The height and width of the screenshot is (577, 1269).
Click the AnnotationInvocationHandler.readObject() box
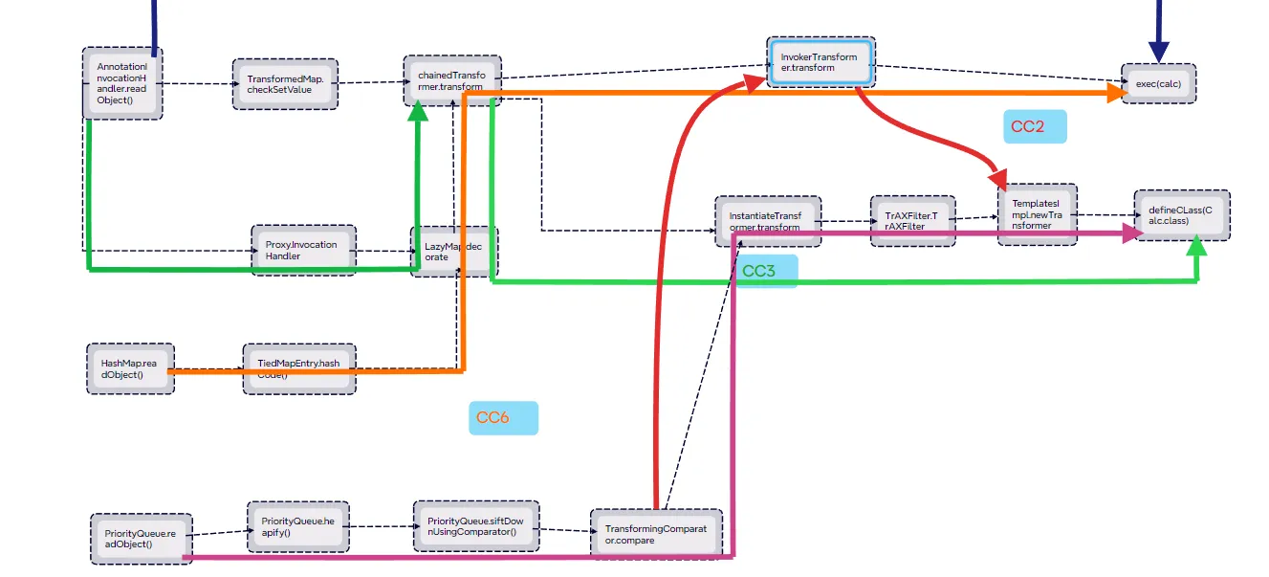pos(122,83)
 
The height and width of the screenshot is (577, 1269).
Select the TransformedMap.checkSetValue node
pos(285,84)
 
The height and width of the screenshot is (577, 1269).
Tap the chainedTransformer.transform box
pos(451,79)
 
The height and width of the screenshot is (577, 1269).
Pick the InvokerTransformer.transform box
pos(820,62)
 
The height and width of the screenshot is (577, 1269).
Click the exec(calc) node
pos(1158,84)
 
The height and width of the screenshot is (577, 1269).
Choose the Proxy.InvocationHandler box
pos(303,251)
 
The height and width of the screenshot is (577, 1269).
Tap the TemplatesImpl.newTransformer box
pos(1037,214)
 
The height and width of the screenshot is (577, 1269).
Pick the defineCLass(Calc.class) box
pos(1182,215)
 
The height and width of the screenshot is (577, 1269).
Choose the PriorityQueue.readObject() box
pos(141,538)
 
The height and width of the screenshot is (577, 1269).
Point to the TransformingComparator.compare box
pos(656,534)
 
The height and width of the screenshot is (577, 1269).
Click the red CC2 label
pos(1034,126)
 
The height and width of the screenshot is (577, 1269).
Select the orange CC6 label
pos(503,418)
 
